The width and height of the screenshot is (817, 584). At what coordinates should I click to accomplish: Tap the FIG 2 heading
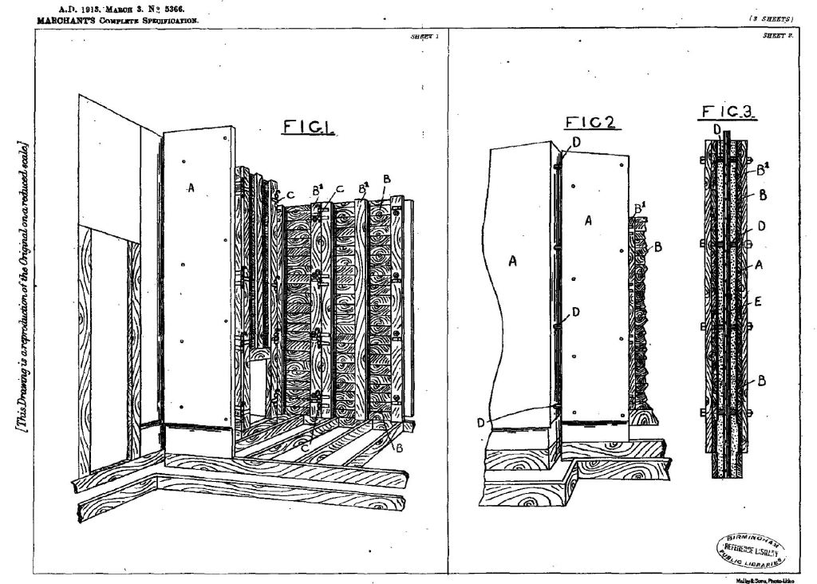pyautogui.click(x=593, y=122)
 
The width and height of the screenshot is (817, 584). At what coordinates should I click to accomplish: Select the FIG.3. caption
pyautogui.click(x=728, y=114)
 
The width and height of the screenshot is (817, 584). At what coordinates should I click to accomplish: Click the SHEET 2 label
pyautogui.click(x=776, y=36)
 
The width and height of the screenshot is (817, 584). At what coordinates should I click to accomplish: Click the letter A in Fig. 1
pyautogui.click(x=190, y=187)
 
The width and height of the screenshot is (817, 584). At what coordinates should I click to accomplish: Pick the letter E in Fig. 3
pyautogui.click(x=759, y=302)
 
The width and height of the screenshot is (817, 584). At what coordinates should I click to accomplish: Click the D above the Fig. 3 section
pyautogui.click(x=716, y=127)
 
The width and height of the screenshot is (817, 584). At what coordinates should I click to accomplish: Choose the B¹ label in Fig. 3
pyautogui.click(x=762, y=170)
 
